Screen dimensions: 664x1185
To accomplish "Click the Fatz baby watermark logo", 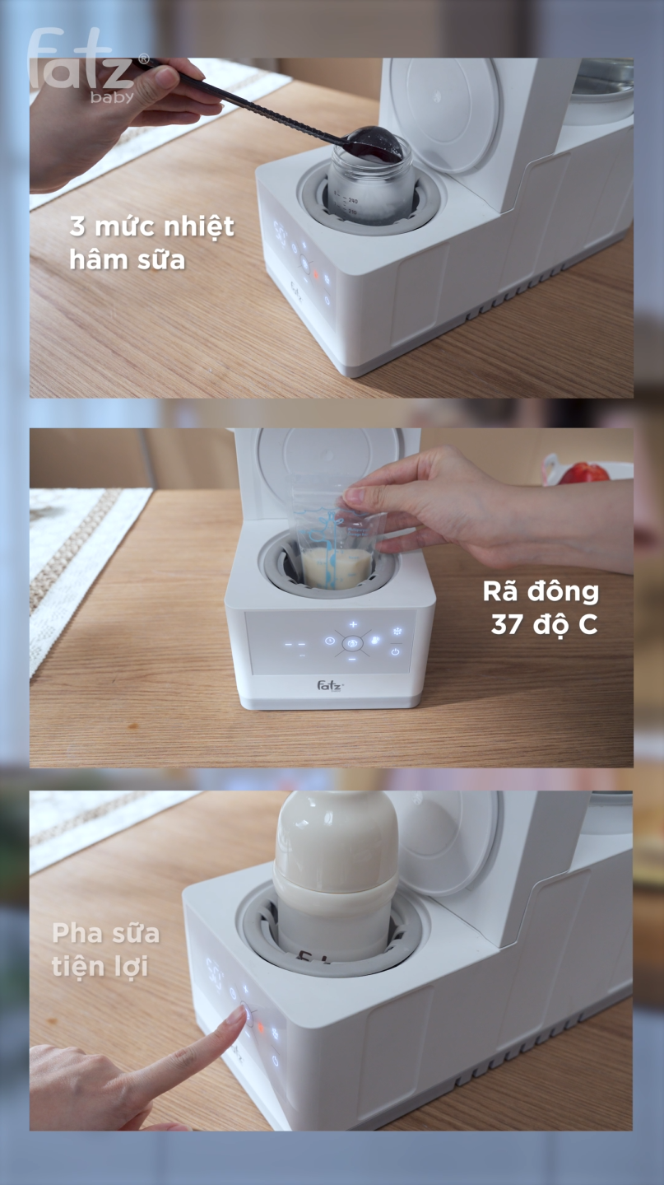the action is (88, 65).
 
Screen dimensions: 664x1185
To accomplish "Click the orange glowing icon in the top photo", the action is (316, 275).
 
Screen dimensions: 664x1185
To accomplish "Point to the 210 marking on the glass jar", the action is (351, 212).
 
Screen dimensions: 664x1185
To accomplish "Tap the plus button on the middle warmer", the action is (353, 624).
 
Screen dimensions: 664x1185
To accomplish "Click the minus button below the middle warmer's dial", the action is (352, 659).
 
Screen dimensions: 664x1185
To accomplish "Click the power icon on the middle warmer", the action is (395, 651).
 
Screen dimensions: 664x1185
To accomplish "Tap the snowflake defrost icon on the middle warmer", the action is (397, 631).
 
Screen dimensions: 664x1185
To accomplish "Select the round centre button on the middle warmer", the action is (353, 643).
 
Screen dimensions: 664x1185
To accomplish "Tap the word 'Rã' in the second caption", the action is (500, 591).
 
